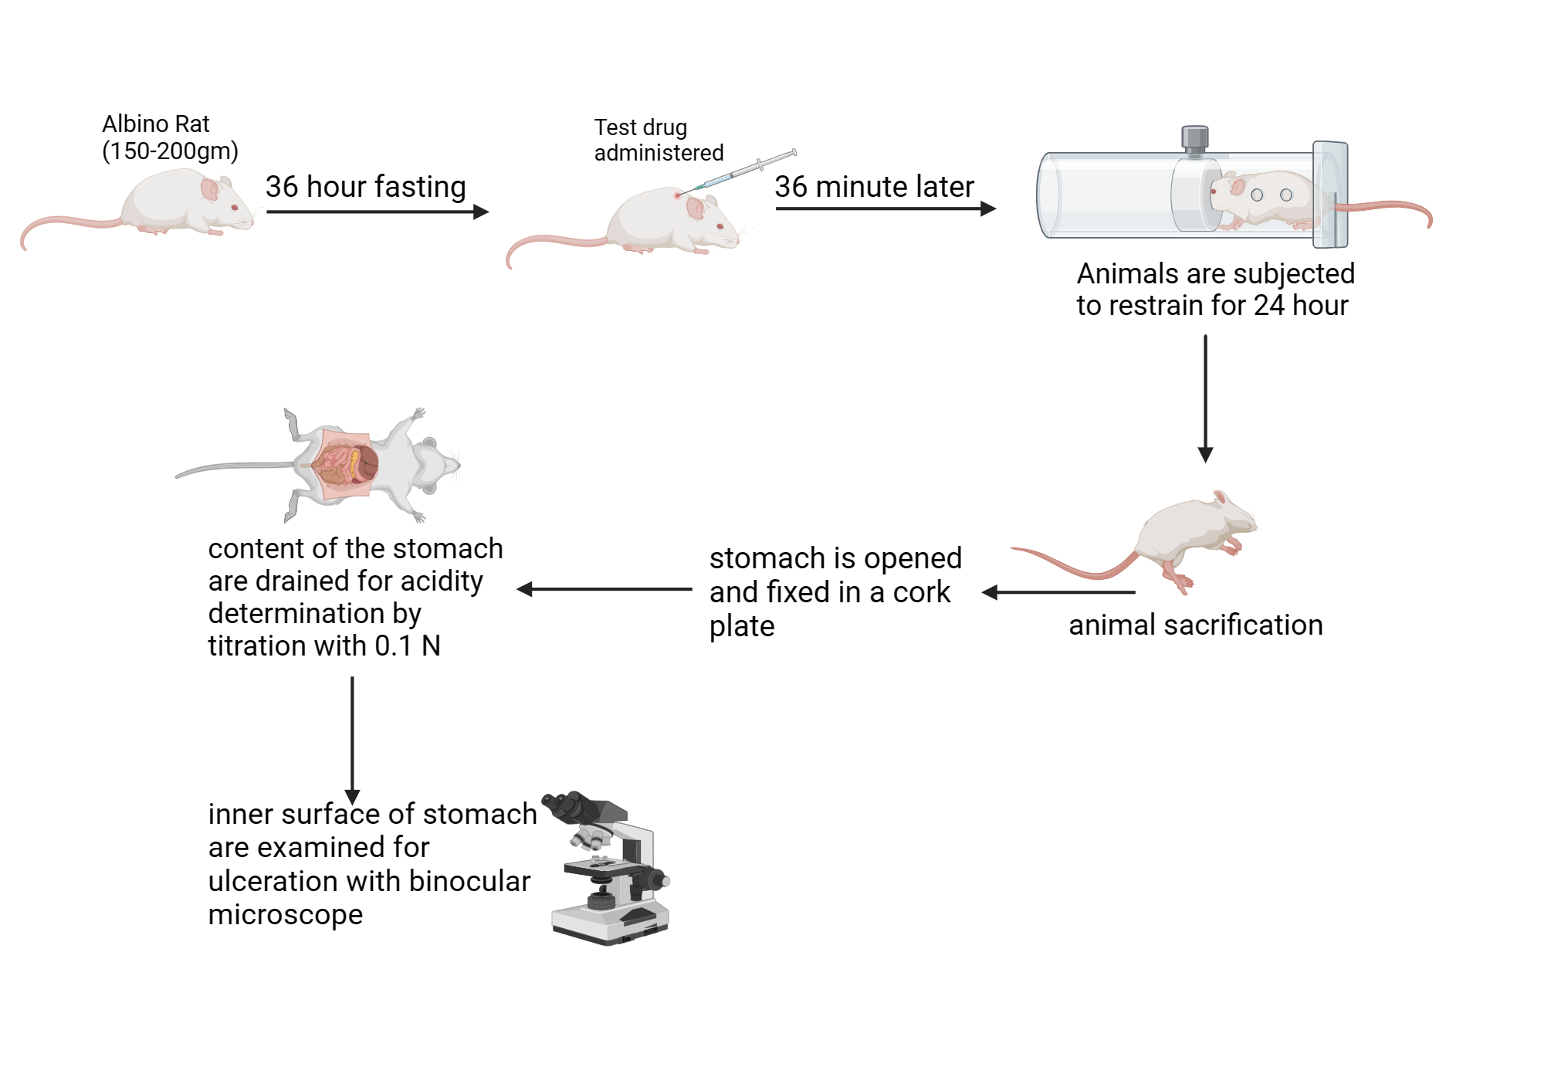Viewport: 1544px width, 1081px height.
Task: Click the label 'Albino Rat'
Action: [155, 124]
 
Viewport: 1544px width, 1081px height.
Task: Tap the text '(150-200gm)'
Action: [170, 151]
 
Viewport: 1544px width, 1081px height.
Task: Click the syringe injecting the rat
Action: [741, 170]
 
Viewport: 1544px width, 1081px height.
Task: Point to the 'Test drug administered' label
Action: [658, 140]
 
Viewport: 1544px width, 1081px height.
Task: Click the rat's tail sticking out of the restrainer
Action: [1390, 207]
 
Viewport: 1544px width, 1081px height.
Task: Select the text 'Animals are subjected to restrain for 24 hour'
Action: [1214, 290]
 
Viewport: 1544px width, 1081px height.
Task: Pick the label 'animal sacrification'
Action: [1195, 625]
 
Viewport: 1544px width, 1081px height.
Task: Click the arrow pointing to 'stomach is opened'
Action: [1058, 592]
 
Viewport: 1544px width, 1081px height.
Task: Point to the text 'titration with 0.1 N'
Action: [324, 646]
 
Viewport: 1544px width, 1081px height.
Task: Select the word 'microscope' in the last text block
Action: [285, 914]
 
